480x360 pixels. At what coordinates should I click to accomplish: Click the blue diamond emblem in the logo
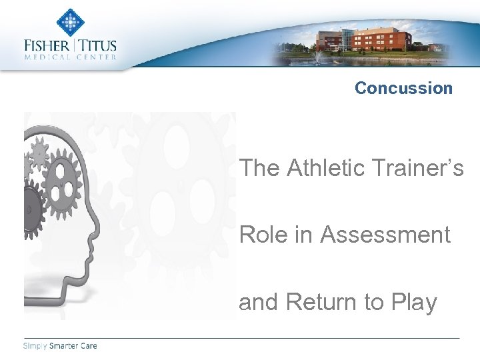(70, 22)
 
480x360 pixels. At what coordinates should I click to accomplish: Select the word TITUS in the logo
(99, 46)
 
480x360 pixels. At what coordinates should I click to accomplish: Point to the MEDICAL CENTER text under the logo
(70, 57)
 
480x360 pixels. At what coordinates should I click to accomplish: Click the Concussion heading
(403, 88)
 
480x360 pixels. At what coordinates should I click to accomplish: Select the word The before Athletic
(260, 168)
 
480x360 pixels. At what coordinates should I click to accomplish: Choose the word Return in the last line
(321, 302)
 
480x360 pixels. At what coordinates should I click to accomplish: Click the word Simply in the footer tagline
(35, 345)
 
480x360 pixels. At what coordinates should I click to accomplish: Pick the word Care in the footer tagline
(89, 345)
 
